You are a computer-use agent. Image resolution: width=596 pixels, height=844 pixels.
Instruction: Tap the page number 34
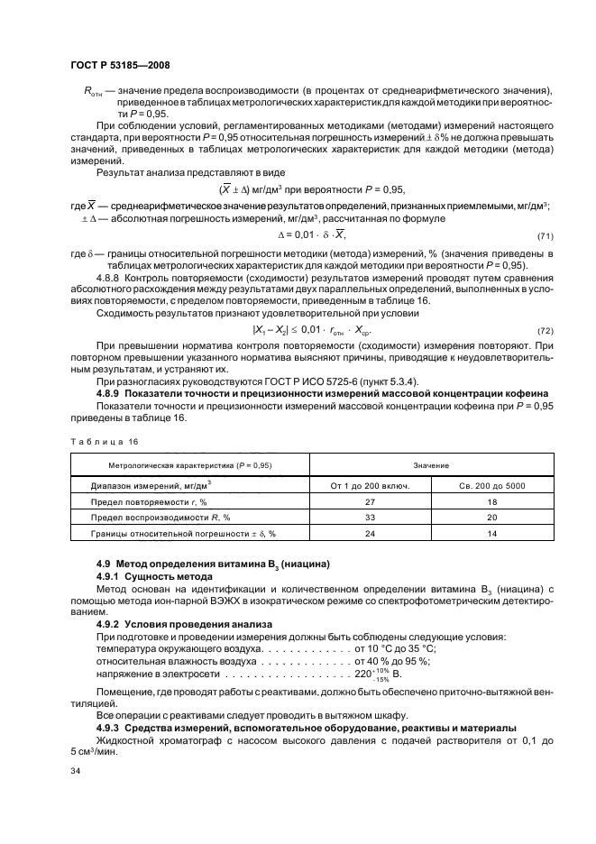(x=76, y=771)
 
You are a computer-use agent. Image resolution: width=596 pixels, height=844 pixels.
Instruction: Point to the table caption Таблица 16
(x=101, y=441)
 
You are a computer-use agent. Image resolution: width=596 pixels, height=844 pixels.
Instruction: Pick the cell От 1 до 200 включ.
(x=370, y=486)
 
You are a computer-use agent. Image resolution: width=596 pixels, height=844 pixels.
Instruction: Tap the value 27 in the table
(x=370, y=502)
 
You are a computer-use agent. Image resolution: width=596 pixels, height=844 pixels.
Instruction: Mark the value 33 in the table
(x=370, y=518)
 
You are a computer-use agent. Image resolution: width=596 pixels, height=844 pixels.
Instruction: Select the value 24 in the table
(x=370, y=535)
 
